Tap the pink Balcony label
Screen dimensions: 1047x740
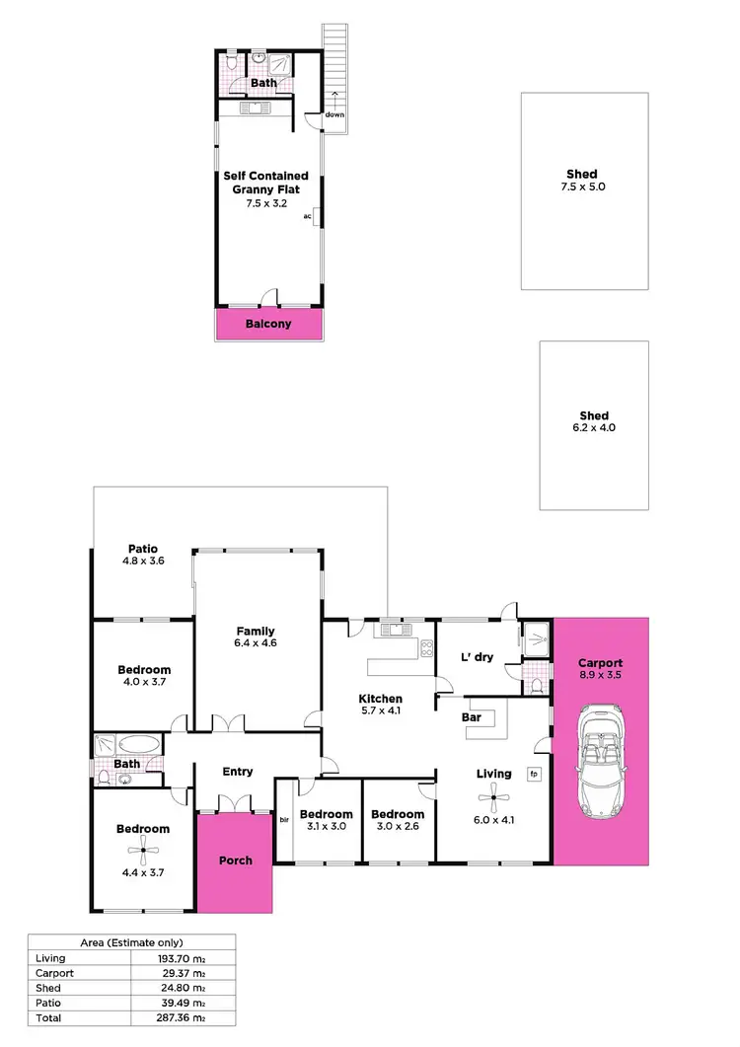click(268, 324)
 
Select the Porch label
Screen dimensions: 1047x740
click(235, 860)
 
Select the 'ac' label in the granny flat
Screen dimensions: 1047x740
click(308, 215)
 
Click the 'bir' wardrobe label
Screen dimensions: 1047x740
click(283, 819)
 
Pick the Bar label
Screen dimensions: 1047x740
click(472, 717)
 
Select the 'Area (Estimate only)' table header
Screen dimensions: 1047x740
click(130, 943)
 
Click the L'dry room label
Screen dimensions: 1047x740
click(477, 657)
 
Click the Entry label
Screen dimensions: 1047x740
click(238, 772)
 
